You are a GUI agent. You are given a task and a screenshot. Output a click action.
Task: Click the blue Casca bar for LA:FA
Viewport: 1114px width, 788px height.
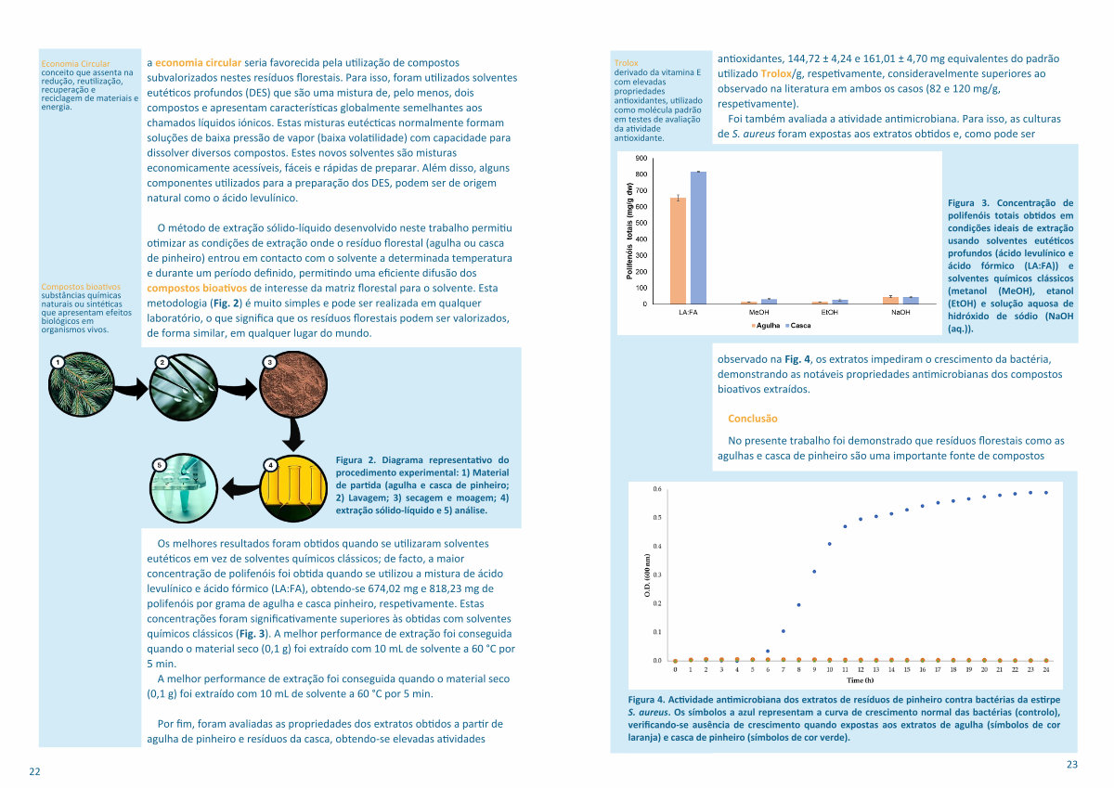click(x=698, y=238)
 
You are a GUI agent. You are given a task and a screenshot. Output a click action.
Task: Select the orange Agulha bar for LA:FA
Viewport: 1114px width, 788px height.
click(x=678, y=251)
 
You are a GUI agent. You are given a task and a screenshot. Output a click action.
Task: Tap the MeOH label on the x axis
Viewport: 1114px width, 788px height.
click(x=759, y=312)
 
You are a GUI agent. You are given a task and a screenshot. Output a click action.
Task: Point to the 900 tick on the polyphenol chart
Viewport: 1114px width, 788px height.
click(x=641, y=158)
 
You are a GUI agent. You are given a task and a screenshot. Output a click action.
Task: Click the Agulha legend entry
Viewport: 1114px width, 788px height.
click(x=765, y=326)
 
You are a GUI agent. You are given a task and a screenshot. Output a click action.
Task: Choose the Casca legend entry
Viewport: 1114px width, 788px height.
click(x=797, y=326)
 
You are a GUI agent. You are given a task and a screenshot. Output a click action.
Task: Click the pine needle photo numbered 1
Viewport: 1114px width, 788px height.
click(x=82, y=384)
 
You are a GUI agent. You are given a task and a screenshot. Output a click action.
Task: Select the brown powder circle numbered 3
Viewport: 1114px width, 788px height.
click(x=293, y=384)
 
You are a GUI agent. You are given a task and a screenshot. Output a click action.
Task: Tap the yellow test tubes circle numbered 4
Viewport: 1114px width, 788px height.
click(x=293, y=488)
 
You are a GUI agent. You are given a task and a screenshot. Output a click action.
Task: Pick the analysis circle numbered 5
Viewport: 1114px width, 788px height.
click(x=184, y=488)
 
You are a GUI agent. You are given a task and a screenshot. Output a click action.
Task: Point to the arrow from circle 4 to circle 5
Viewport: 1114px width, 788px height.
click(x=240, y=488)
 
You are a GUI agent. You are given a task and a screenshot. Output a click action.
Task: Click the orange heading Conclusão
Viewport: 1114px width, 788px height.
click(x=753, y=419)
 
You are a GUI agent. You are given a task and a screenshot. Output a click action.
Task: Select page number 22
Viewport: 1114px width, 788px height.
click(x=34, y=771)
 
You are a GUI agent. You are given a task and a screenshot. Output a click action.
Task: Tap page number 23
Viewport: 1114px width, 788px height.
click(x=1072, y=764)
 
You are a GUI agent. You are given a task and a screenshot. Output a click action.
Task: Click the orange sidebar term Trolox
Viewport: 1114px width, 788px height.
click(x=626, y=63)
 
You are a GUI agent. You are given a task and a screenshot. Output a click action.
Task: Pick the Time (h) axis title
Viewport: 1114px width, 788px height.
click(x=860, y=680)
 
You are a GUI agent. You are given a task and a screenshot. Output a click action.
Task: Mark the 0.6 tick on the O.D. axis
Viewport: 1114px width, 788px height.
click(x=657, y=489)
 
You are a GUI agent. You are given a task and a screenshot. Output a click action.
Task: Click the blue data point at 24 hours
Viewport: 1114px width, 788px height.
click(x=1046, y=493)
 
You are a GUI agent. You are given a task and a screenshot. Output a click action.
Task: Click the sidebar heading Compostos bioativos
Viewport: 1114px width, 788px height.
click(x=81, y=287)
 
